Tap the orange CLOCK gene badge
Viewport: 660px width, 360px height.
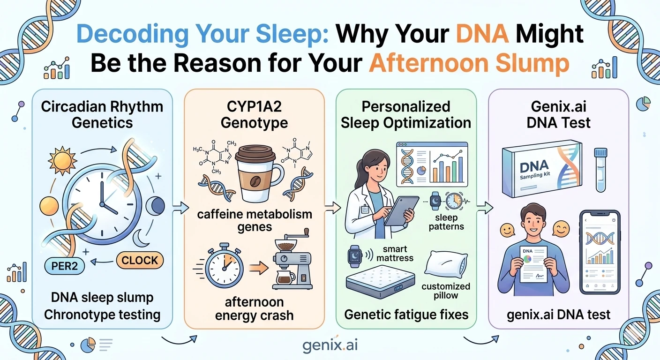coord(139,260)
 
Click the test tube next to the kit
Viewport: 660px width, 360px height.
coord(600,169)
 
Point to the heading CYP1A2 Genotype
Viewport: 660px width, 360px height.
coord(254,114)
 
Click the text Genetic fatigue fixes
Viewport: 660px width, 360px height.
coord(406,314)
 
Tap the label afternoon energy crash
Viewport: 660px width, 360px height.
coord(254,308)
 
